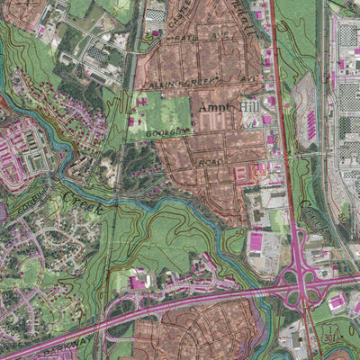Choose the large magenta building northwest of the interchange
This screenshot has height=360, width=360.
coord(256,241)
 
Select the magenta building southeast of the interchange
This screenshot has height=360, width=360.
coord(337,305)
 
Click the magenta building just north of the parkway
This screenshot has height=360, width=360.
coord(140,283)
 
